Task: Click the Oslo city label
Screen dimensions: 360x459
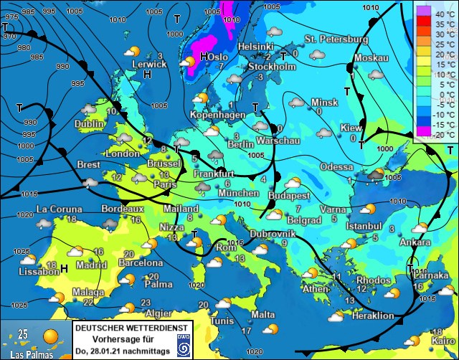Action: pos(218,57)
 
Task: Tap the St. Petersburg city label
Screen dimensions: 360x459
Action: pos(336,39)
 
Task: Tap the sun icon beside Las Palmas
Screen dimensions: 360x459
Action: pos(51,336)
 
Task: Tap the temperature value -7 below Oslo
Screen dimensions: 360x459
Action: pos(220,67)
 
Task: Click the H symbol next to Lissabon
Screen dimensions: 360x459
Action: pos(65,268)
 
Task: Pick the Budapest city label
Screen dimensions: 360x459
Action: pos(290,195)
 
